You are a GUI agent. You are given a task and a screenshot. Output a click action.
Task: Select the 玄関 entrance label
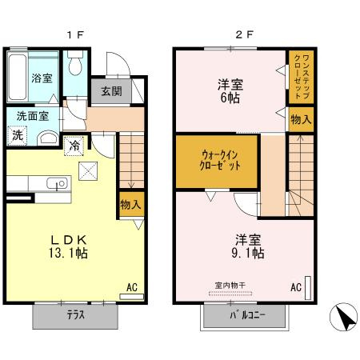pos(110,90)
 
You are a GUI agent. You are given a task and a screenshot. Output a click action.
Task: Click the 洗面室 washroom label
pos(32,116)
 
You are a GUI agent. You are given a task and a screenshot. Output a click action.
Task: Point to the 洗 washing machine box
pos(18,135)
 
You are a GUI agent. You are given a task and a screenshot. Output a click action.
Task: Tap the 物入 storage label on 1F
pos(130,205)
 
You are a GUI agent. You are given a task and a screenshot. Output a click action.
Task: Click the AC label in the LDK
pos(131,286)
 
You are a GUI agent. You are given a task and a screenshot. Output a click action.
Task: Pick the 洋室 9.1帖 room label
pos(248,246)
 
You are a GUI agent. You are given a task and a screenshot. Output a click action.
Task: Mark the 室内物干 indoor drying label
pos(230,286)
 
